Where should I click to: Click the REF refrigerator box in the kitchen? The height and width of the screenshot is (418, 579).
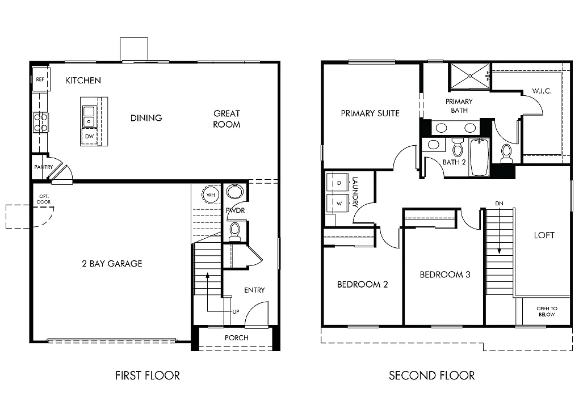[40, 80]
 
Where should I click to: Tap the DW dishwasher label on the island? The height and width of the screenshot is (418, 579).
[89, 137]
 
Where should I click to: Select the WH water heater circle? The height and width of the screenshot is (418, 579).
[211, 195]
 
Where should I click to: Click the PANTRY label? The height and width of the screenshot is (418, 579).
[43, 167]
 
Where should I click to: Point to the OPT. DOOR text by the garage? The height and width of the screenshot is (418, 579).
[44, 200]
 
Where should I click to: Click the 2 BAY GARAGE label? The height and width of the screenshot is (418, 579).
[111, 263]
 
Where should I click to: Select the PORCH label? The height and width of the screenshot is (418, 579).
[236, 337]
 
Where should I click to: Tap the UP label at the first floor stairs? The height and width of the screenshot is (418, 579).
[236, 312]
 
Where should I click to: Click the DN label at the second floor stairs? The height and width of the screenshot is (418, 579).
[499, 203]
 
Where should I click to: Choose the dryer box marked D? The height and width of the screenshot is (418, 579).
[339, 183]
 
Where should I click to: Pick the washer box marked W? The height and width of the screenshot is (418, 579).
[339, 202]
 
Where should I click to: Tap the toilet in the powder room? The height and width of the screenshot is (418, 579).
[234, 230]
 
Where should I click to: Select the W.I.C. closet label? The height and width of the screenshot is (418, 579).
[542, 91]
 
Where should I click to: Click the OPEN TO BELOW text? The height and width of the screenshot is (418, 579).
[547, 311]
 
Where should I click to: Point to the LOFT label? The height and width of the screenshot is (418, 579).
[544, 235]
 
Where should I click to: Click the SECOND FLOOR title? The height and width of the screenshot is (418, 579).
[431, 375]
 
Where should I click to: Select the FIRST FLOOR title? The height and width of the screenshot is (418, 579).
[148, 375]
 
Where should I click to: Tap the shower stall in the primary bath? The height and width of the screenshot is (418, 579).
[469, 76]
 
